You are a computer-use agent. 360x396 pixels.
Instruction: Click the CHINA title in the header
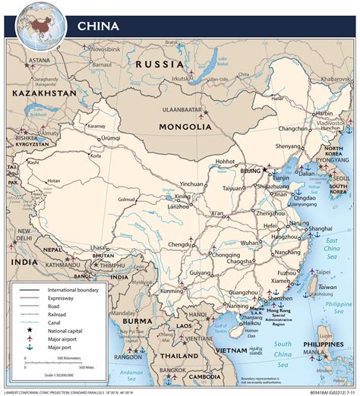click(98, 26)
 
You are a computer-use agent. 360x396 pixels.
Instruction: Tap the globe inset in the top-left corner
click(43, 22)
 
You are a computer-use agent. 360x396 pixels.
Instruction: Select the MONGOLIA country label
click(185, 127)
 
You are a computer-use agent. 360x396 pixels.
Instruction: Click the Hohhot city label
click(226, 161)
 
